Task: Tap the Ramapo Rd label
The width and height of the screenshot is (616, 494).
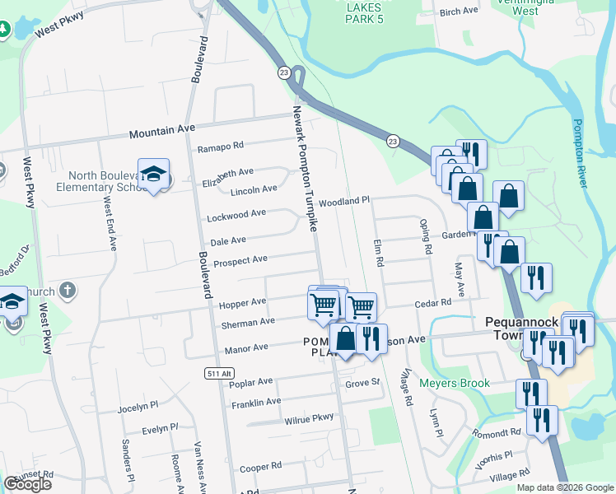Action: pyautogui.click(x=221, y=147)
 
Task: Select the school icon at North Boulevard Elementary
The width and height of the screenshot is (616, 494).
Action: pyautogui.click(x=153, y=174)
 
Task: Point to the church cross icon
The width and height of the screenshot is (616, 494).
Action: pyautogui.click(x=68, y=291)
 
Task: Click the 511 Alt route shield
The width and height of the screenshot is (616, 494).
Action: pyautogui.click(x=214, y=374)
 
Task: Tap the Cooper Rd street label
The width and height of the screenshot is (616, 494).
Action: pyautogui.click(x=261, y=468)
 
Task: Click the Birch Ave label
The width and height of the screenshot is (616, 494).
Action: pyautogui.click(x=459, y=12)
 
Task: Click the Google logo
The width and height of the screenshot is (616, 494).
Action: pyautogui.click(x=27, y=484)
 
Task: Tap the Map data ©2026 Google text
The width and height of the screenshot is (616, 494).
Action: pyautogui.click(x=564, y=487)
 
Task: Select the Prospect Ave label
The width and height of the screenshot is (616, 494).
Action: pyautogui.click(x=240, y=260)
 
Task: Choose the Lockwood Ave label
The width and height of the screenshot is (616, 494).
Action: pyautogui.click(x=236, y=214)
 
